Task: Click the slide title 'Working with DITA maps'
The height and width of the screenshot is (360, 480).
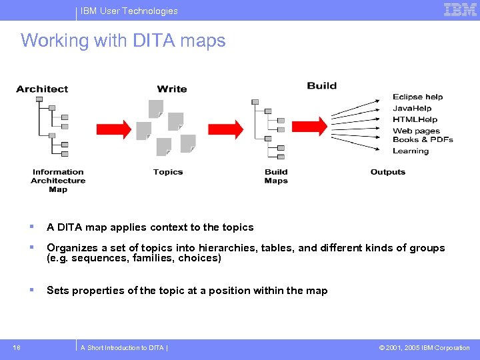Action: (123, 41)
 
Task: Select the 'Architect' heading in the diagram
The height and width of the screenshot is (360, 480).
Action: (42, 89)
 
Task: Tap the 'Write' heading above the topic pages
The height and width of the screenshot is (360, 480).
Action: (172, 89)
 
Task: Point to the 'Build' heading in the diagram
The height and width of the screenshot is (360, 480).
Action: (322, 85)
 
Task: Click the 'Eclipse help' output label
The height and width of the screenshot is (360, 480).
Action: (417, 97)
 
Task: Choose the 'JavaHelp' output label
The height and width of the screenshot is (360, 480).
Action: (412, 108)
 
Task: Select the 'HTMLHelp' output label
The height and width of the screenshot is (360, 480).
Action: (415, 119)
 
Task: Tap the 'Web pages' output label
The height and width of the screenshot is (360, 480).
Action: (416, 131)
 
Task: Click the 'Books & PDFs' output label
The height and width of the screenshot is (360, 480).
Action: (423, 139)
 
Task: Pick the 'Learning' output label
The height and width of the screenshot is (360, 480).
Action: (411, 151)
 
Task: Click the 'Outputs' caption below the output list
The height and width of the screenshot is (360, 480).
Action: (388, 172)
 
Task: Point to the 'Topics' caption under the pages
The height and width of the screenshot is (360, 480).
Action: (168, 172)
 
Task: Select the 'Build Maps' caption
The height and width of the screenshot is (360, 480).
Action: (276, 176)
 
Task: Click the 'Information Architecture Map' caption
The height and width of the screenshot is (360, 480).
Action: (58, 181)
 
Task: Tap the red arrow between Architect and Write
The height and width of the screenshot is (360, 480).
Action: (117, 127)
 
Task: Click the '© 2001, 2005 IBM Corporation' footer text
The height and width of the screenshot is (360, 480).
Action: (424, 347)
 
